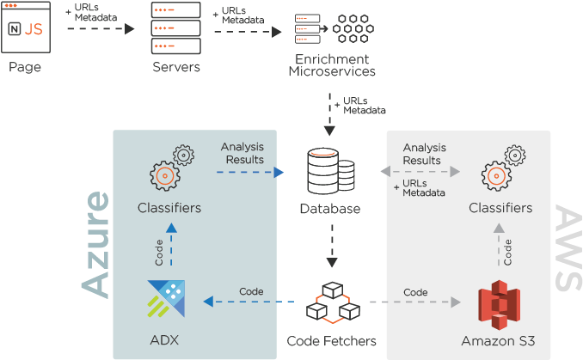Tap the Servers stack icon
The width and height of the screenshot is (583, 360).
[175, 27]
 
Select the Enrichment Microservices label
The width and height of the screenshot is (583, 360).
[331, 65]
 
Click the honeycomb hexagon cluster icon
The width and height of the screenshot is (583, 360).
[353, 28]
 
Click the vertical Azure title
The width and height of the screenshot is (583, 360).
[96, 245]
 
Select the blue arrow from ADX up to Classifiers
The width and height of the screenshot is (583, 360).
[170, 246]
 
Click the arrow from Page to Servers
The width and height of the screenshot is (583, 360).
[100, 28]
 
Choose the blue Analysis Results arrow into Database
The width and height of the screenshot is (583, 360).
[249, 172]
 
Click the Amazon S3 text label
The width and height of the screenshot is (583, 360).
[499, 341]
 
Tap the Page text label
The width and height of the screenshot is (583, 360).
[25, 67]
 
